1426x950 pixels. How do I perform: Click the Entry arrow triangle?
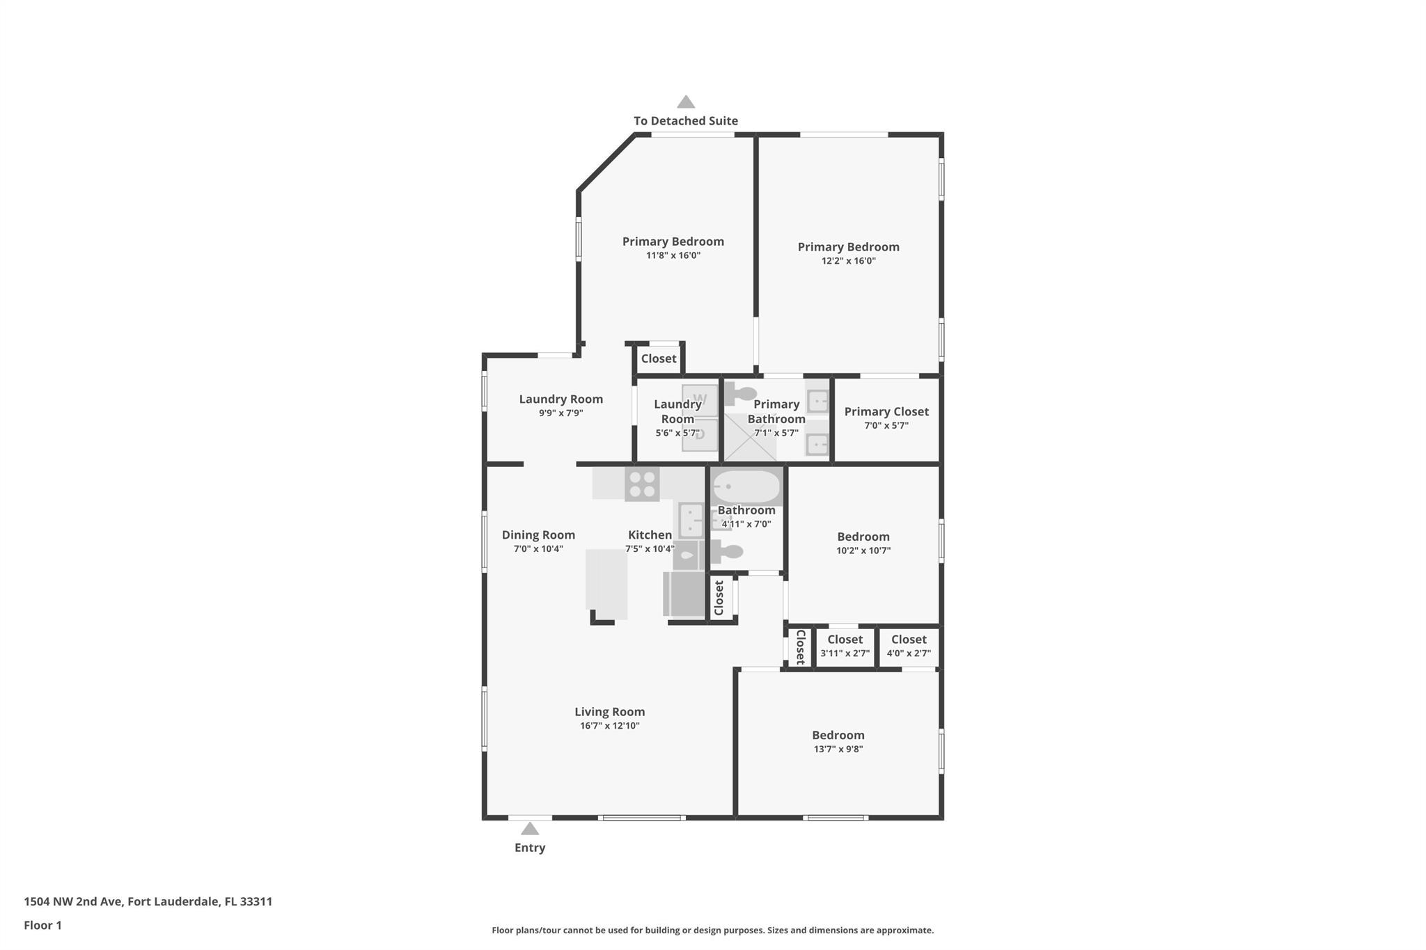click(530, 828)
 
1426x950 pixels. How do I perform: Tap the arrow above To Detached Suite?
click(686, 102)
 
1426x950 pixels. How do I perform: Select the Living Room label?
click(610, 711)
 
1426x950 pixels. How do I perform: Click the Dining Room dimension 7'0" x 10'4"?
click(538, 548)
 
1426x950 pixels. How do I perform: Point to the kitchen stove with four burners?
click(642, 484)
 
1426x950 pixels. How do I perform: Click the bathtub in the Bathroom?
click(746, 487)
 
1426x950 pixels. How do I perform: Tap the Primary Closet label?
click(886, 411)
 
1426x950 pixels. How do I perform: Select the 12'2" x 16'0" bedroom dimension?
click(849, 261)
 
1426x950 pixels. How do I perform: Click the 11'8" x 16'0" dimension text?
click(673, 255)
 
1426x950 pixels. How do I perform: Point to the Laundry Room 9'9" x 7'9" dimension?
click(561, 413)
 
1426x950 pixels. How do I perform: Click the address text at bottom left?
click(148, 901)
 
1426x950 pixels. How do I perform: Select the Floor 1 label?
click(43, 925)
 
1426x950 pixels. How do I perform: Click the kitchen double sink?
click(691, 520)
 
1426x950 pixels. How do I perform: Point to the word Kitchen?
click(650, 535)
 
